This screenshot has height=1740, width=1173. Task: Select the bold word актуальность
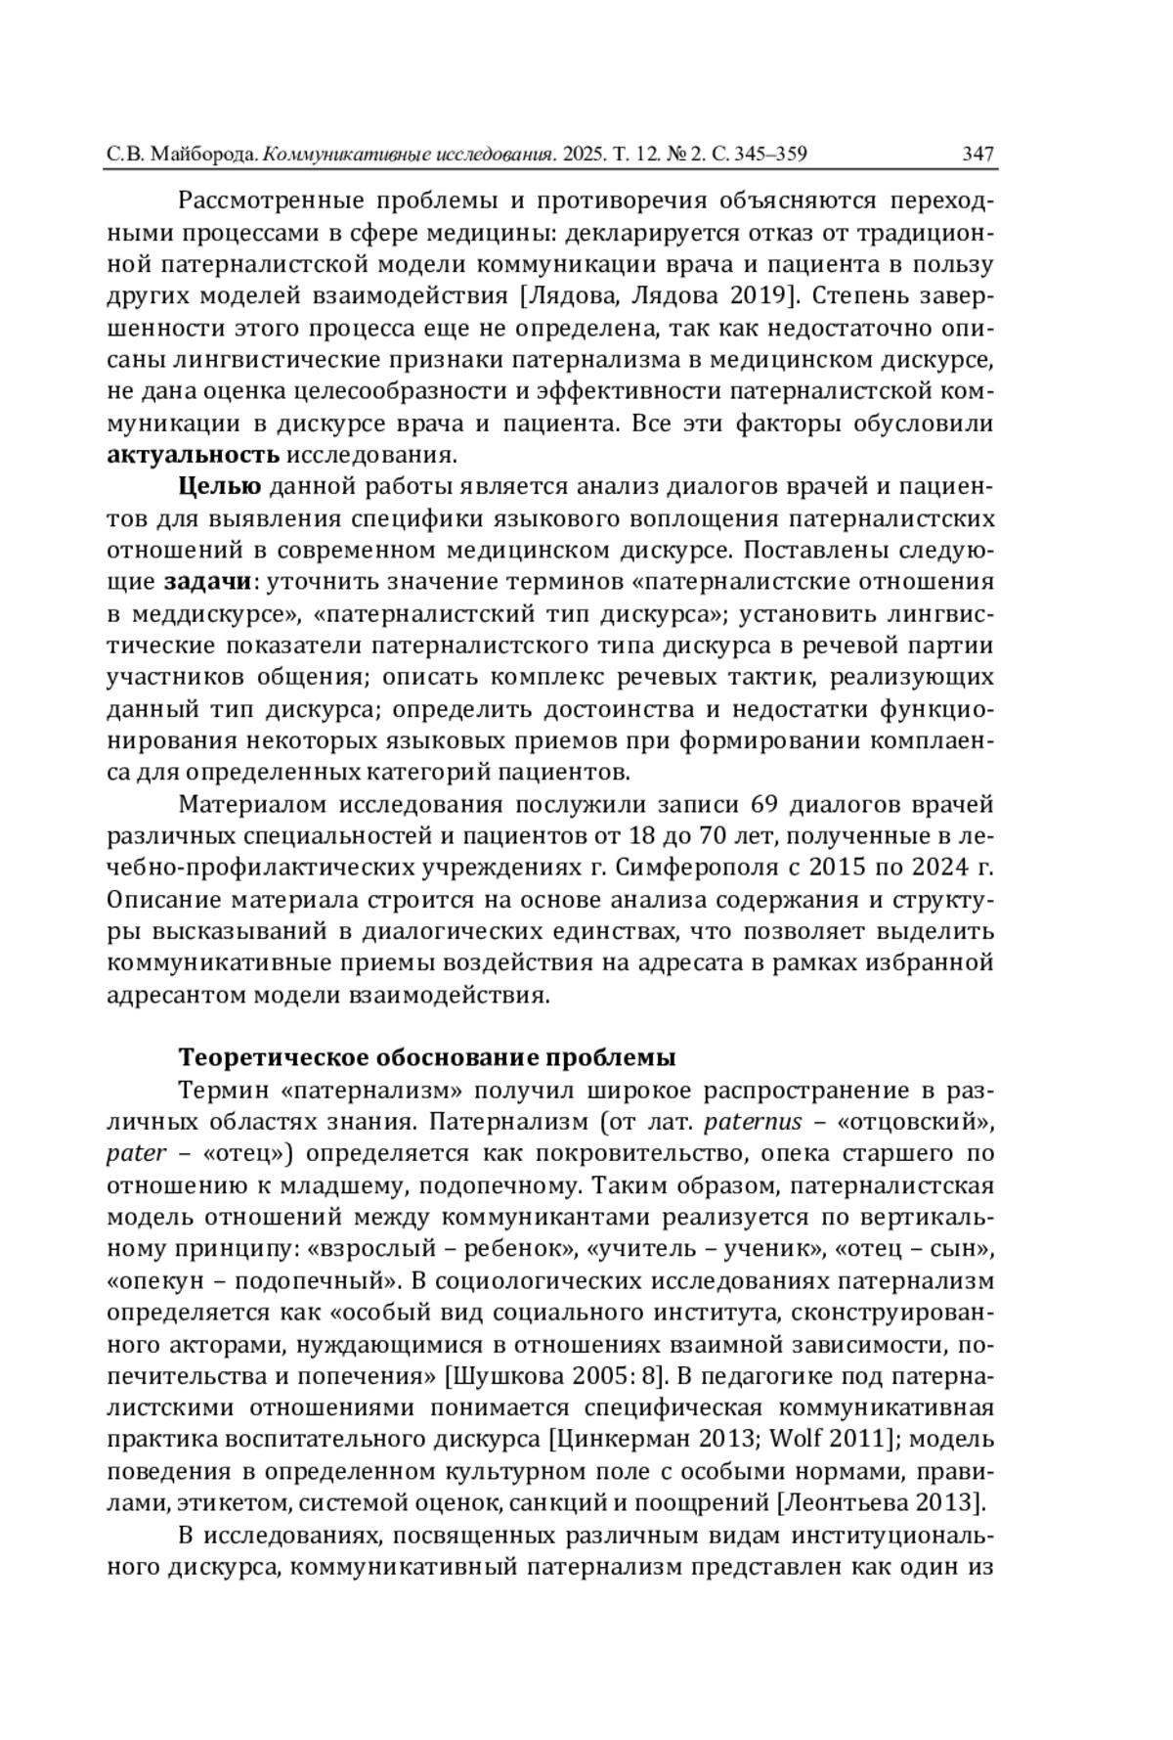point(193,455)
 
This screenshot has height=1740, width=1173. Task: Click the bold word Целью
point(219,487)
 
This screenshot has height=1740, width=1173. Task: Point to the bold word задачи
point(207,582)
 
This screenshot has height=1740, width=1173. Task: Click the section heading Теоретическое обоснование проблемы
point(427,1058)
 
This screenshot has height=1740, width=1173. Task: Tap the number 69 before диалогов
point(762,804)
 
